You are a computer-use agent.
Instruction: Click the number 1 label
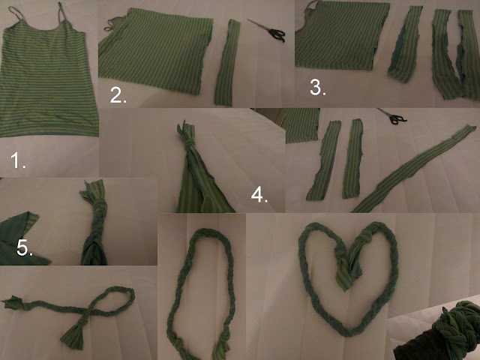[18, 160]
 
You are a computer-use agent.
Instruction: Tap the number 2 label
[118, 95]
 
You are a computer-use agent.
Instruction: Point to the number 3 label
[318, 87]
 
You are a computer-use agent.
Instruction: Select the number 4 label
[259, 195]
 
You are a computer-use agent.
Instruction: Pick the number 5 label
[25, 248]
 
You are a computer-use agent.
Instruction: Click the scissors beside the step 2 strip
[268, 31]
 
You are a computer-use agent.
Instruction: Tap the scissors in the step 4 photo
[393, 116]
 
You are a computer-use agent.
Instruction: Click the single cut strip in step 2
[227, 63]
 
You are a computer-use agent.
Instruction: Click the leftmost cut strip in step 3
[405, 44]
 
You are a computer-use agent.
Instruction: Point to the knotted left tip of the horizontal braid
[13, 302]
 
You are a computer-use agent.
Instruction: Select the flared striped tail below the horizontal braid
[74, 334]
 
